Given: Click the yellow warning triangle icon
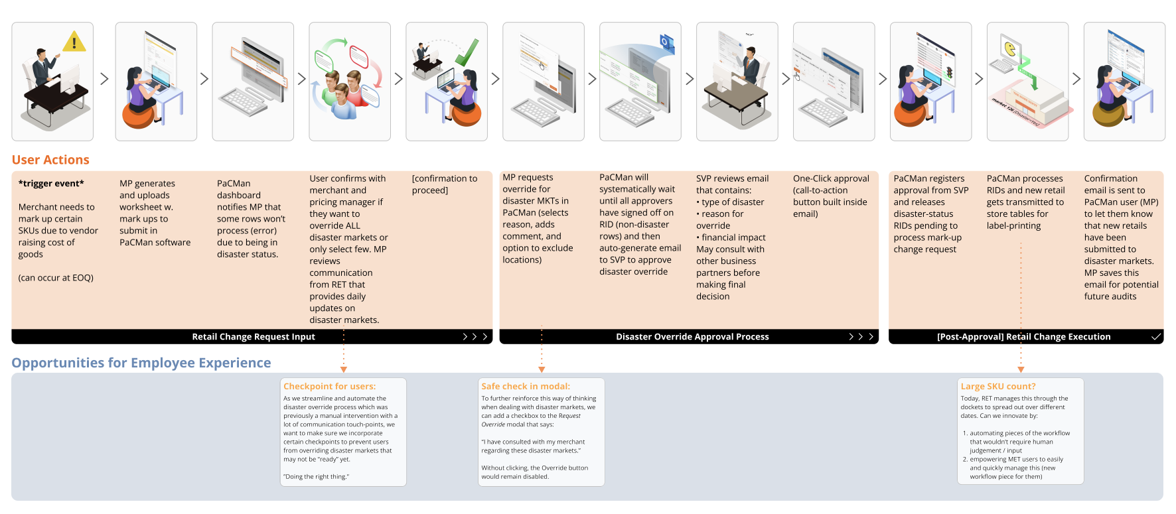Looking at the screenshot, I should pos(74,42).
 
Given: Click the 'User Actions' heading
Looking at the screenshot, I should pos(50,160).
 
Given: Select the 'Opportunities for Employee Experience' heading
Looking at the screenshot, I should pos(141,363).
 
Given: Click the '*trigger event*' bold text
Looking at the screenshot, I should pos(51,184).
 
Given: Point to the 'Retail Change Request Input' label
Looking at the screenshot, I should pos(254,337).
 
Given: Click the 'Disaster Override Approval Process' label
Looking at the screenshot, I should pos(692,337).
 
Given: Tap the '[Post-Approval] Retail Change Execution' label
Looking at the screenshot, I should pos(1023,337).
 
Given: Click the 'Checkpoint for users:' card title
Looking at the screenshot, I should pos(329,387).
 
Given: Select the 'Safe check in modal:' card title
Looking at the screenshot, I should pos(526,387).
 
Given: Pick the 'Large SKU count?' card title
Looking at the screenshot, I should pos(998,387).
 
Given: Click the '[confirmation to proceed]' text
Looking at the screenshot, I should pos(445,184).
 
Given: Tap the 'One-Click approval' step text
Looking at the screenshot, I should pos(831,178).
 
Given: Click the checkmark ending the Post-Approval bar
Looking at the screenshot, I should pos(1156,337).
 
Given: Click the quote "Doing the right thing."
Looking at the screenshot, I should pos(316,477).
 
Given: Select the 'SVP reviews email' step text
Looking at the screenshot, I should pos(732,178).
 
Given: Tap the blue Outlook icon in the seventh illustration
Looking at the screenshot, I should pos(666,42).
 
